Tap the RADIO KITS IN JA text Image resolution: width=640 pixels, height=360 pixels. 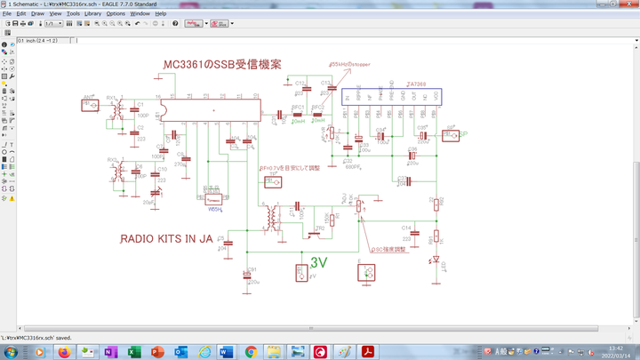point(166,238)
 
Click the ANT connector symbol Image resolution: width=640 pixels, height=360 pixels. point(91,105)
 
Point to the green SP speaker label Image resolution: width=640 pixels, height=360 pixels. point(463,135)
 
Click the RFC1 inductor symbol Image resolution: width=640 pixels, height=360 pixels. point(298,114)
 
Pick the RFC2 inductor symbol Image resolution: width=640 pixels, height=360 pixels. point(319,114)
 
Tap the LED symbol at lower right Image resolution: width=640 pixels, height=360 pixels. point(434,260)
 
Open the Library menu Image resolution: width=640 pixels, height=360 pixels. point(93,14)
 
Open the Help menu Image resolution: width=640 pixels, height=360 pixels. point(160,14)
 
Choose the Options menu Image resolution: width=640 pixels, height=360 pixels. point(116,14)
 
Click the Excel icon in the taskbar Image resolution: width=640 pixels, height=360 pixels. point(132,352)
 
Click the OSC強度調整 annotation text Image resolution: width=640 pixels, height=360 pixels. point(388,250)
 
